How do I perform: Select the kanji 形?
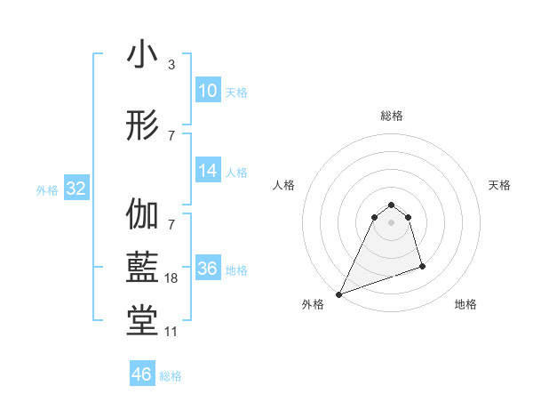tap(142, 126)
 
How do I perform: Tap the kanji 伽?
tap(142, 215)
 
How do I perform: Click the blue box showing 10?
tap(207, 91)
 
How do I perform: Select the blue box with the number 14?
tap(207, 171)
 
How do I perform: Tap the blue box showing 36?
tap(207, 269)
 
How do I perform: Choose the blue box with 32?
tap(76, 189)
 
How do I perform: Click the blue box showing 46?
tap(142, 374)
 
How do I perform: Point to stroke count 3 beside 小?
tap(171, 65)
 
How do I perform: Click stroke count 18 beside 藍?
tap(171, 278)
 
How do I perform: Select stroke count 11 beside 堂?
tap(171, 332)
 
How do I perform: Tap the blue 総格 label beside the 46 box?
tap(171, 376)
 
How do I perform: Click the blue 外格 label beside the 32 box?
tap(47, 190)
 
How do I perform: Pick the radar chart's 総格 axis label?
tap(392, 116)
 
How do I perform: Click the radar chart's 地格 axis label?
tap(465, 304)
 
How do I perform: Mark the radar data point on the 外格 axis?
tap(338, 294)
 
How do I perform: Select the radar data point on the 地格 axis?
tap(422, 266)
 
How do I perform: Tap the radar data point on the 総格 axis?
tap(392, 203)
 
